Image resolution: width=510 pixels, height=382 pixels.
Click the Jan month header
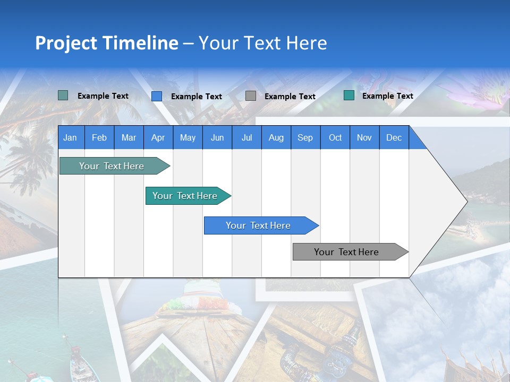[x=71, y=137]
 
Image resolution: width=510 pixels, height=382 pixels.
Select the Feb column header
[x=99, y=137]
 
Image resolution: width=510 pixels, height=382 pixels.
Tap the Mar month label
[x=129, y=137]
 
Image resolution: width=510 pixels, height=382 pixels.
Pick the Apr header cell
[x=158, y=137]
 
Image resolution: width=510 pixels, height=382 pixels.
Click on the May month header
[x=188, y=137]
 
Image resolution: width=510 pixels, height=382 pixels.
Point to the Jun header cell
[x=217, y=137]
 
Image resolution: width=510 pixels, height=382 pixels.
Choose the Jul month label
[x=246, y=137]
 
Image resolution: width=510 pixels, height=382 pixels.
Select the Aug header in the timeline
[x=276, y=137]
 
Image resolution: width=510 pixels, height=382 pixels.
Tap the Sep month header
[x=305, y=137]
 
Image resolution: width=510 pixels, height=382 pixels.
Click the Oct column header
[x=335, y=137]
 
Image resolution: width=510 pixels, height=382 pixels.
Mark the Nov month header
[x=364, y=137]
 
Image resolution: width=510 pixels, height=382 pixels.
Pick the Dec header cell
[x=394, y=137]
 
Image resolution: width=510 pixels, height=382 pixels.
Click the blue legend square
[x=157, y=96]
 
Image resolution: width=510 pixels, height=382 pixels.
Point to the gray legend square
[x=251, y=96]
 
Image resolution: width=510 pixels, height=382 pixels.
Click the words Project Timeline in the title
[x=107, y=43]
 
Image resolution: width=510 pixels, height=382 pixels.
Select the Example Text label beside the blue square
[x=197, y=97]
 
